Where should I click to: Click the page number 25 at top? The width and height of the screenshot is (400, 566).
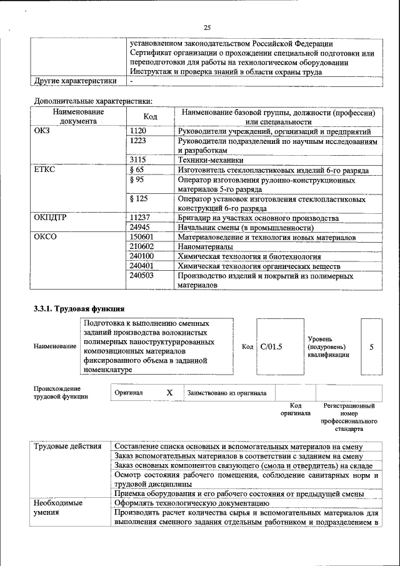(x=207, y=27)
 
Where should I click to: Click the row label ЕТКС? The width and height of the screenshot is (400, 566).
(x=44, y=170)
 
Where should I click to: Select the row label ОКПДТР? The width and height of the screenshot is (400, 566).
(x=50, y=218)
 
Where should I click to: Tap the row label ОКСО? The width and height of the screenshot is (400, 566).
(x=45, y=237)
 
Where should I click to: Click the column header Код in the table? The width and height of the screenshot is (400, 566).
(x=150, y=117)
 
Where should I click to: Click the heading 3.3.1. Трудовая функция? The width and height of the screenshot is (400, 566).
(x=79, y=308)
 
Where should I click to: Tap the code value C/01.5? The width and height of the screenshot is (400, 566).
(x=271, y=346)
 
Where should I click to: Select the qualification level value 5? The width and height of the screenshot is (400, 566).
(x=372, y=346)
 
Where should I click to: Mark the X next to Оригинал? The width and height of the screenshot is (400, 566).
(x=169, y=393)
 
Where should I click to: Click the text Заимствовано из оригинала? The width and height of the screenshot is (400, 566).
(x=227, y=393)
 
